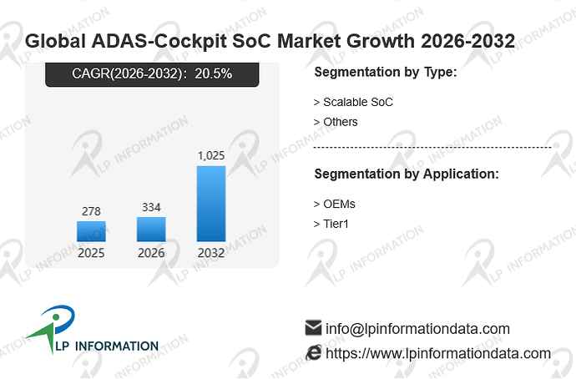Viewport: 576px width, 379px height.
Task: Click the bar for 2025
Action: click(x=91, y=231)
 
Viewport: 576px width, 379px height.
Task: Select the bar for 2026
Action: click(x=151, y=230)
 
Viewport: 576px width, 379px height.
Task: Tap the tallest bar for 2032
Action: click(x=211, y=204)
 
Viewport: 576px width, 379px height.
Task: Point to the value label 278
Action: click(x=91, y=211)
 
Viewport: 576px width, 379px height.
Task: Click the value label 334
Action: click(x=151, y=207)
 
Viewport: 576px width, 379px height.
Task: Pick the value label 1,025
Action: click(x=211, y=156)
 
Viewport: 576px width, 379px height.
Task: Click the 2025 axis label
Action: click(x=91, y=253)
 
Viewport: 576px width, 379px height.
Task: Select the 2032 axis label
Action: click(x=211, y=253)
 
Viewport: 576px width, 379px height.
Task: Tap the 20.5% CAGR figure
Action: click(x=214, y=73)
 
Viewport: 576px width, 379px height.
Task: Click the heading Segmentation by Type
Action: click(x=386, y=72)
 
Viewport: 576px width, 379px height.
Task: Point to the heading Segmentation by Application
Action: click(x=407, y=174)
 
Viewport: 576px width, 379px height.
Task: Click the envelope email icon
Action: click(x=313, y=327)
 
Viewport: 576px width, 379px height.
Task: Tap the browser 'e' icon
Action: click(x=314, y=352)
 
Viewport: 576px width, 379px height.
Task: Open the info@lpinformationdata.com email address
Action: click(x=417, y=329)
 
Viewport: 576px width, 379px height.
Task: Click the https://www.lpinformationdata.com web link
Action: click(x=438, y=353)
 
